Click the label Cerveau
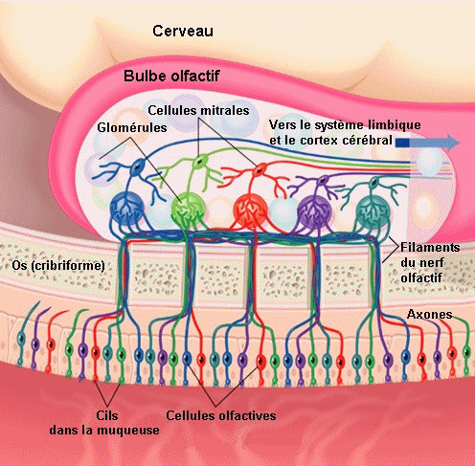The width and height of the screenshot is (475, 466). [x=183, y=31]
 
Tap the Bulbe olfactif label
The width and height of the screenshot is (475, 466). [x=171, y=76]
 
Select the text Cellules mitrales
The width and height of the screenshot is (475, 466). [x=198, y=110]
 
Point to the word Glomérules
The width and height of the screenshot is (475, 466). [x=132, y=127]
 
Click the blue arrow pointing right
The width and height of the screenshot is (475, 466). [x=428, y=143]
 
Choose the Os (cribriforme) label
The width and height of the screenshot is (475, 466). [x=58, y=265]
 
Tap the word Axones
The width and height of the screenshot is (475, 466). [x=429, y=315]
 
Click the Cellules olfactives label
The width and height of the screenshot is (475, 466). [x=221, y=415]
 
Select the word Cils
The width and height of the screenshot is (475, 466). [x=107, y=415]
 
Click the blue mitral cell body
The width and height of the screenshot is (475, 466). [x=138, y=166]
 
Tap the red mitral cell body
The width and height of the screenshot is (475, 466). [x=260, y=169]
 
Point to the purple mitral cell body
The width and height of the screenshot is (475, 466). [x=323, y=180]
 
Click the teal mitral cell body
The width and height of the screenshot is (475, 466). [x=373, y=183]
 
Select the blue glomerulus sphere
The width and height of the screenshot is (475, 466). [x=126, y=209]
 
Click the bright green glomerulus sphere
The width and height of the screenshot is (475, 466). [x=188, y=209]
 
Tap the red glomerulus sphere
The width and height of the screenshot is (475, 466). [x=250, y=210]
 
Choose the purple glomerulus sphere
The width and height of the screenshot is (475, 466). [x=314, y=211]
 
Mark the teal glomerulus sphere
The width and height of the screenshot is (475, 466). [x=373, y=211]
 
